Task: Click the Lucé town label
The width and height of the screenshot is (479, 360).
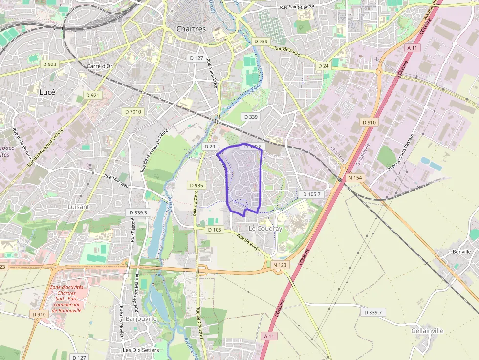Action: [47, 92]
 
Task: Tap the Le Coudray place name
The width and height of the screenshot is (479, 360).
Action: [265, 229]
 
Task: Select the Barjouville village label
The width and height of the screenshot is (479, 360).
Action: [141, 318]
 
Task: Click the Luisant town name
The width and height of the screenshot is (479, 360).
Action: [78, 207]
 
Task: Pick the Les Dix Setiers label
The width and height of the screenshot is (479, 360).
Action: [141, 350]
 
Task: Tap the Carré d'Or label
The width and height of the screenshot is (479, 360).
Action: [99, 66]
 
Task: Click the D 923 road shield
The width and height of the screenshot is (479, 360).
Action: [50, 64]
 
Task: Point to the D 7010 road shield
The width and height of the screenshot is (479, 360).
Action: [133, 112]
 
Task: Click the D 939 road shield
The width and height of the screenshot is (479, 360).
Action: [261, 42]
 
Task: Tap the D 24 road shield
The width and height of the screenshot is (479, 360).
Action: [323, 65]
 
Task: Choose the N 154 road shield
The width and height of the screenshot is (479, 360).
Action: [355, 178]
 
